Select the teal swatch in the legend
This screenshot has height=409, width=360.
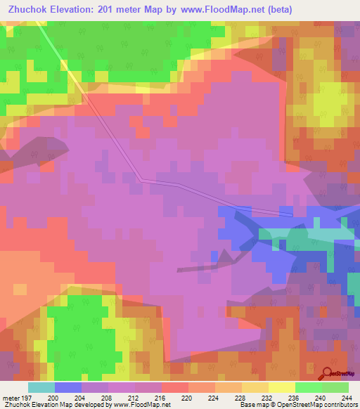[41, 387]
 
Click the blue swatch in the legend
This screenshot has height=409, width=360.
[67, 387]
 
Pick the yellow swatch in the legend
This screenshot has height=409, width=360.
[281, 387]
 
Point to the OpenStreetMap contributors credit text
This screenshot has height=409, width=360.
[316, 405]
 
